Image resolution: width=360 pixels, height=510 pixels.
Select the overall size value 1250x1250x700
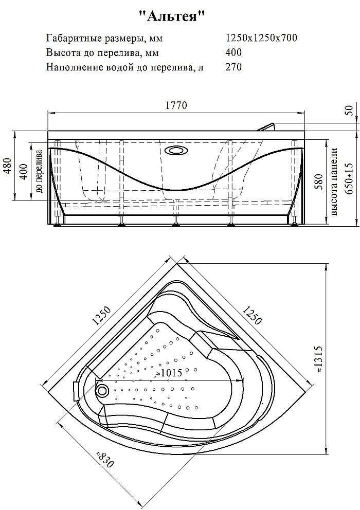261,38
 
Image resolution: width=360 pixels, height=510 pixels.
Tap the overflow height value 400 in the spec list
233,52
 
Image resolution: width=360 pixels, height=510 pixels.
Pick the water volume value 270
233,67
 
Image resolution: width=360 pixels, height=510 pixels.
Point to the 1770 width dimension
176,105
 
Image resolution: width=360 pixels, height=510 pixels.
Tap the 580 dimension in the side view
319,182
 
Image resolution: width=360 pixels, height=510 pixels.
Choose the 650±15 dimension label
349,178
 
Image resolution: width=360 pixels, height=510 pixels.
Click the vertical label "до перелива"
40,171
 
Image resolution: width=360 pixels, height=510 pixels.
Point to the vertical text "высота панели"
334,181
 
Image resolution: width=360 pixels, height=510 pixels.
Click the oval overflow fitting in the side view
176,151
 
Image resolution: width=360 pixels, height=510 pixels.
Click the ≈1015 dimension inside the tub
169,372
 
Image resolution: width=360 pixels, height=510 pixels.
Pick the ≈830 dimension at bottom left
105,459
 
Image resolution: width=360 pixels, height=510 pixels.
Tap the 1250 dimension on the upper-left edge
101,316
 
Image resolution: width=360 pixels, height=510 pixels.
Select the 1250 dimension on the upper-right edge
251,315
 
